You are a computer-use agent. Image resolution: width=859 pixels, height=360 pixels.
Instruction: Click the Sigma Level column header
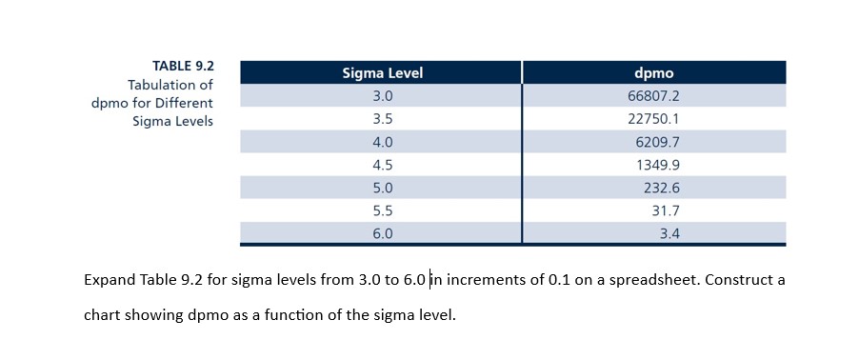point(381,73)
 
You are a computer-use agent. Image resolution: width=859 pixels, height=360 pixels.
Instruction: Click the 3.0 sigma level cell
point(381,96)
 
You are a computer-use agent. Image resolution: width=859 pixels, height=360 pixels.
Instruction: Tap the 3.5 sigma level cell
point(381,119)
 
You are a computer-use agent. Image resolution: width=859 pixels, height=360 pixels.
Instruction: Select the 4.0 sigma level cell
point(381,142)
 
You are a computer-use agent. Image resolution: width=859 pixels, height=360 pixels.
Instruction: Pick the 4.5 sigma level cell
point(381,165)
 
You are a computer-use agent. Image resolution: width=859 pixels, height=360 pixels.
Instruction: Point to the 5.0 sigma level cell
point(381,188)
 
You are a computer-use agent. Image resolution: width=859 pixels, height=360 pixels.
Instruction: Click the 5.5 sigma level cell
point(381,210)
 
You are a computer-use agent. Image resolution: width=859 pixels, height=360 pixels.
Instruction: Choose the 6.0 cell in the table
point(381,233)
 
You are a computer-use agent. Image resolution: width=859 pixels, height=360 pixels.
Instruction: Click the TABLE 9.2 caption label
point(183,66)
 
